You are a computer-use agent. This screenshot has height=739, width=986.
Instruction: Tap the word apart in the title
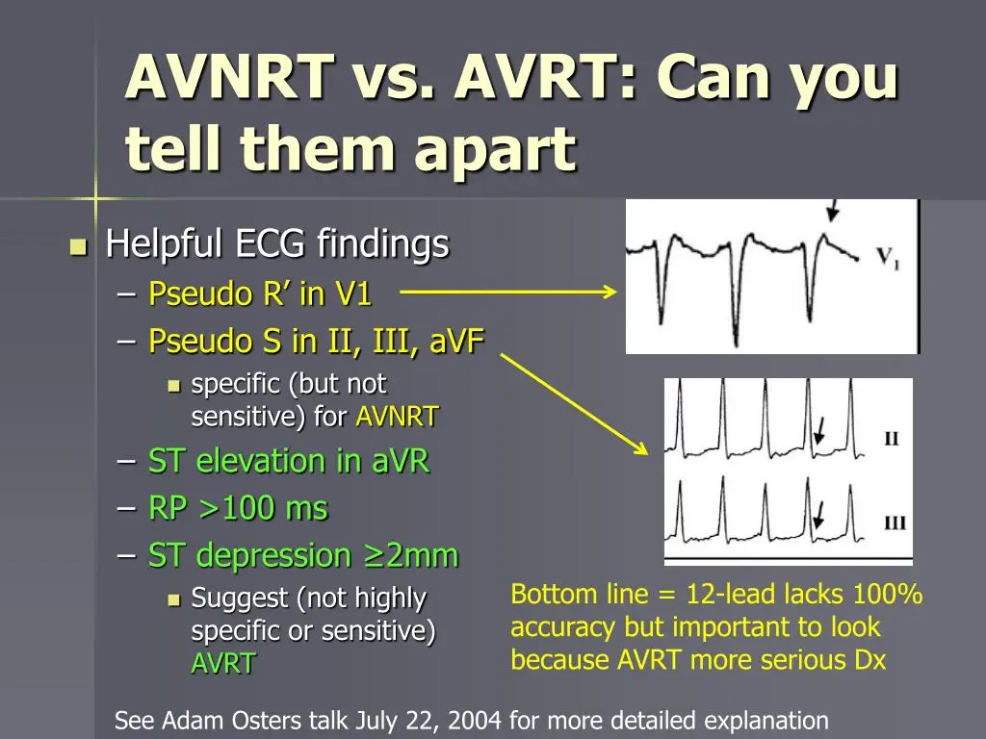point(495,149)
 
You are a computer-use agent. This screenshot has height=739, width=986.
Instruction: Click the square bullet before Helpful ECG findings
point(79,246)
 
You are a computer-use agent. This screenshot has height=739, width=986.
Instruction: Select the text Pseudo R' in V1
point(260,293)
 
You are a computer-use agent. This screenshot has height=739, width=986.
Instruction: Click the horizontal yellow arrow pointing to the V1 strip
point(508,292)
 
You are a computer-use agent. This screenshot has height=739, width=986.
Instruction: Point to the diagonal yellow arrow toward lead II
point(574,404)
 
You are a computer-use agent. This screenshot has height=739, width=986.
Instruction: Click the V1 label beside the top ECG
point(888,258)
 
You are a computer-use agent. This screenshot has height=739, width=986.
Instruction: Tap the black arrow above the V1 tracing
point(833,211)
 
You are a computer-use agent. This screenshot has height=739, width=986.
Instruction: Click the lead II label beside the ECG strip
point(892,438)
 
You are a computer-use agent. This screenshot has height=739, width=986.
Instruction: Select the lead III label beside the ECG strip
point(895,522)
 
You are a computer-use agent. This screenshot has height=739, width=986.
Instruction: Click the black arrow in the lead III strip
point(818,515)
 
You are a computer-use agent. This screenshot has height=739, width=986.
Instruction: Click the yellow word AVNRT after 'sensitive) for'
point(398,417)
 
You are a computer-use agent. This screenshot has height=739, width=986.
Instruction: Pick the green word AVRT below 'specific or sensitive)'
point(223,663)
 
